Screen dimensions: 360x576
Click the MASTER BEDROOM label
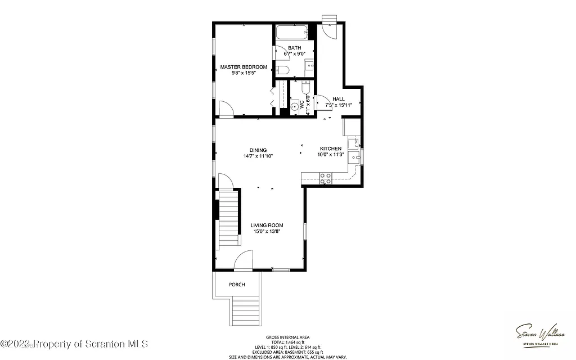point(244,67)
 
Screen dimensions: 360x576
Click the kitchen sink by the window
point(354,156)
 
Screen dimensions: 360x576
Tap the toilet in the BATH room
point(283,70)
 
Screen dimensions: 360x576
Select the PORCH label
point(237,285)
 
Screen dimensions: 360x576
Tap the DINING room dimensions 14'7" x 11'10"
point(258,156)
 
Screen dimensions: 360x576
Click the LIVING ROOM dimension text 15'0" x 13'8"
point(267,232)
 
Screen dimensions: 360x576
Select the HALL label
point(339,99)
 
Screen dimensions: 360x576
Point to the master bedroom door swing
point(226,109)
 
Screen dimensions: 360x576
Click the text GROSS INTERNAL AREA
point(287,337)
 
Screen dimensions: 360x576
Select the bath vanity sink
point(310,66)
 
